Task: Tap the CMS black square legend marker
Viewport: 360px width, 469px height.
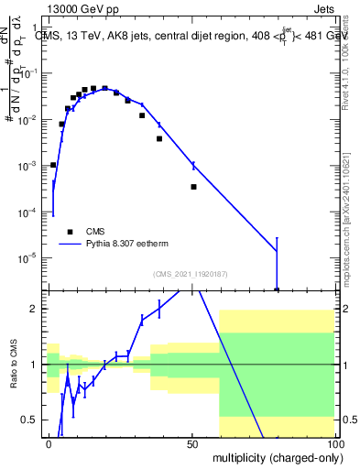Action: point(70,233)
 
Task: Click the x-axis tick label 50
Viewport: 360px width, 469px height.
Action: point(191,443)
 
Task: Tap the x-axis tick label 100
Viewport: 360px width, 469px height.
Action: point(333,443)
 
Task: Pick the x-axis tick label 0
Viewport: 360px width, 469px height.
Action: point(49,443)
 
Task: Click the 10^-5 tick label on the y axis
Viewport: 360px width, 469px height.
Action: point(29,257)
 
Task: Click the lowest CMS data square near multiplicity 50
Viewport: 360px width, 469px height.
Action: point(193,187)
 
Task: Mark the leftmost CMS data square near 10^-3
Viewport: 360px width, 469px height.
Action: point(53,165)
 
